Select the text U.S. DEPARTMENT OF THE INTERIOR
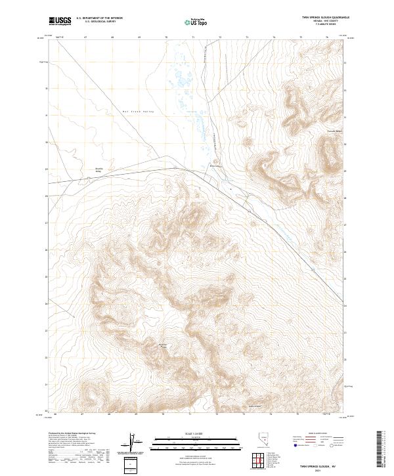click(x=99, y=19)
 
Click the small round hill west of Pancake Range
click(x=248, y=140)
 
